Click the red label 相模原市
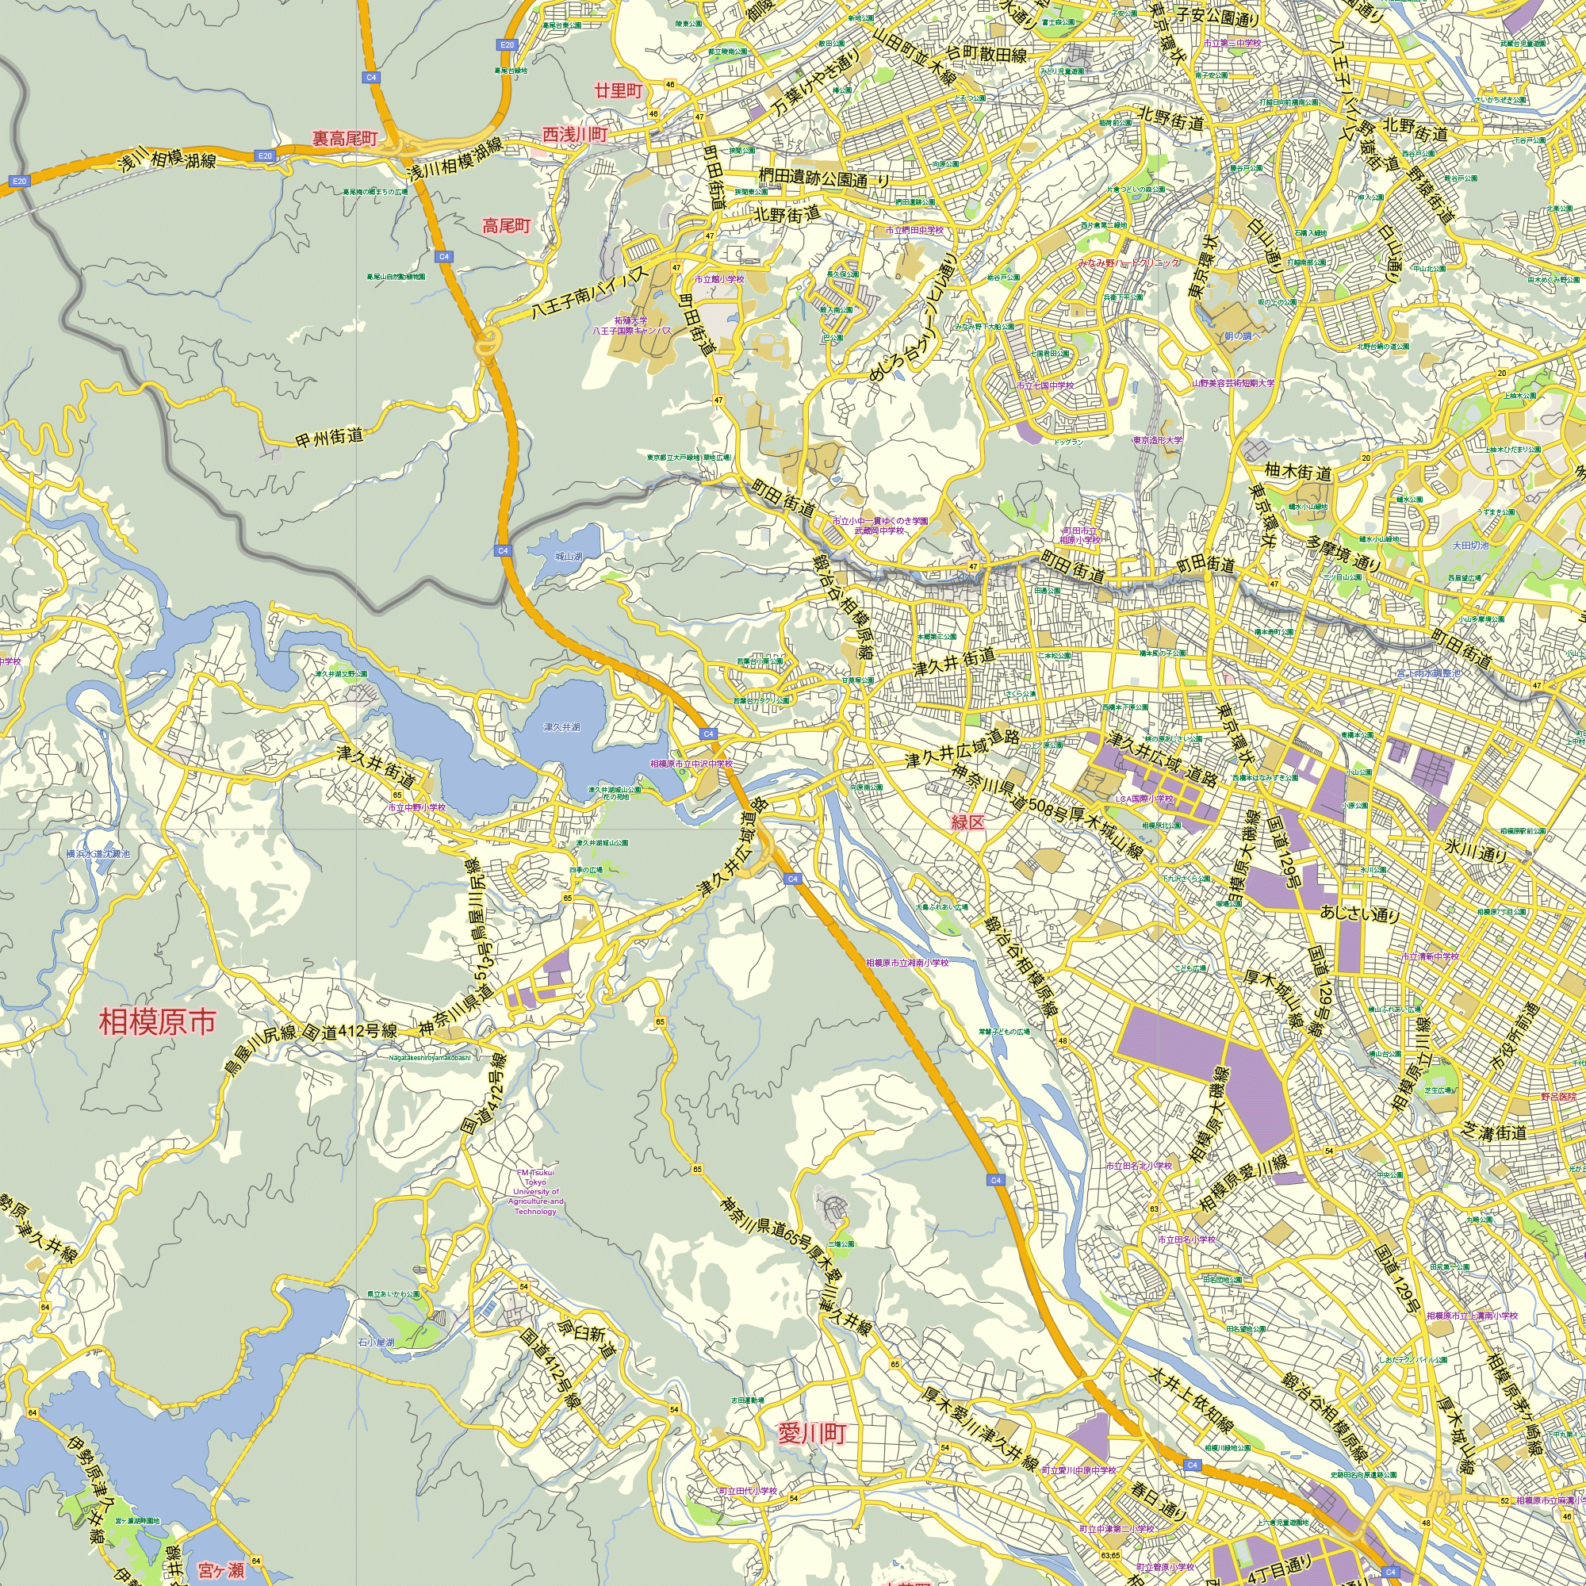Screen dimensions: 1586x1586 (x=158, y=1022)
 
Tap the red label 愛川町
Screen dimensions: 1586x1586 (x=811, y=1434)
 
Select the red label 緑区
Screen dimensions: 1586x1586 (x=967, y=822)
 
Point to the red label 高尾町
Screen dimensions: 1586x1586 (x=507, y=226)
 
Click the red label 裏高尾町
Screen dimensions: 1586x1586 (x=345, y=138)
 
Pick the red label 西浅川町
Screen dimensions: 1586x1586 (x=575, y=134)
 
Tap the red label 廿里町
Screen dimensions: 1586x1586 (x=619, y=90)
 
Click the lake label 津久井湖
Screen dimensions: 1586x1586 (x=561, y=727)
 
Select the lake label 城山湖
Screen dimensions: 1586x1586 (x=568, y=557)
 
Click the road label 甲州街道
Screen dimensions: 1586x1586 (x=329, y=438)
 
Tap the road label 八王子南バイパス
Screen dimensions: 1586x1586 (x=589, y=291)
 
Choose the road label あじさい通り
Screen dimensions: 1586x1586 (x=1359, y=913)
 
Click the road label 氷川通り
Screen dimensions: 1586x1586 (x=1477, y=851)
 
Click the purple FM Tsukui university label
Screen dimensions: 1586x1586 (x=536, y=1192)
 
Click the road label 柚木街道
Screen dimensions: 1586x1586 (x=1298, y=472)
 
